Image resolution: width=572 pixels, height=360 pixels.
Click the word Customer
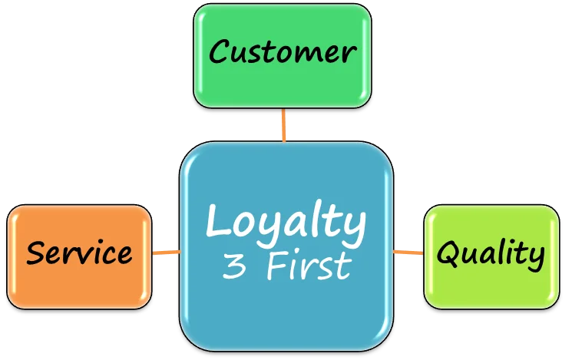(283, 52)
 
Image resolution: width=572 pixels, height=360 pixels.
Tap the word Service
(79, 253)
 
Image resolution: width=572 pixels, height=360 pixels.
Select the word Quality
(491, 253)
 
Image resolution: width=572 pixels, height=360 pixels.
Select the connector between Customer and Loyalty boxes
(284, 124)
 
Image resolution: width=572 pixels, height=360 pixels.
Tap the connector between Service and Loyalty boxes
(166, 252)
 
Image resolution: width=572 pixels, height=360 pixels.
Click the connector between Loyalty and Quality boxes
(408, 252)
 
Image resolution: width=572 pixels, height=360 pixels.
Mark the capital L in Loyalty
(217, 221)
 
